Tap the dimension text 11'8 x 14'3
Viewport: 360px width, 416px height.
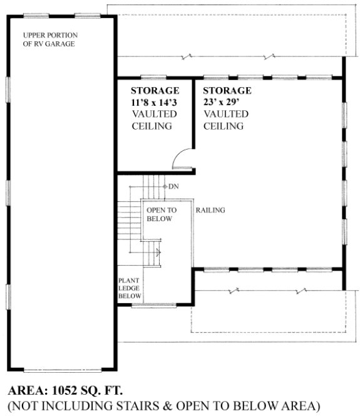point(155,102)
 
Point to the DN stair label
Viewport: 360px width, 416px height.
point(174,187)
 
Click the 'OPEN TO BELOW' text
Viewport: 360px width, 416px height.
point(162,214)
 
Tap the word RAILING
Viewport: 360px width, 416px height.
point(210,211)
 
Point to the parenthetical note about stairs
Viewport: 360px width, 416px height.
point(163,405)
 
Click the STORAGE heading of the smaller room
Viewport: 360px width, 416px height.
point(155,91)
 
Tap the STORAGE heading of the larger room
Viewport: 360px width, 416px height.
point(227,91)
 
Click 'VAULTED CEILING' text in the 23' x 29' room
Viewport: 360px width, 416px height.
point(225,120)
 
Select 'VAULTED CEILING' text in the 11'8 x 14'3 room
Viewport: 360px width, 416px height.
point(154,120)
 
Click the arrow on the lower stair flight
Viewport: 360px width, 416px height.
point(158,252)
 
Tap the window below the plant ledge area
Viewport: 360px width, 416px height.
point(153,305)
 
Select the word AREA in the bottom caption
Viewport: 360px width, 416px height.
point(26,387)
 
